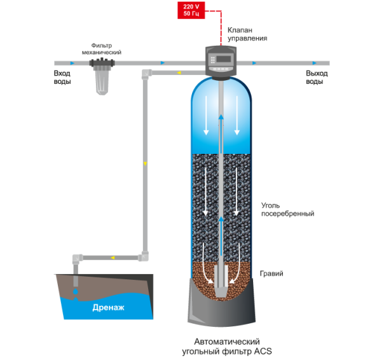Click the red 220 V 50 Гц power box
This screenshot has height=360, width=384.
pyautogui.click(x=191, y=10)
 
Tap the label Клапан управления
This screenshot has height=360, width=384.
pyautogui.click(x=247, y=34)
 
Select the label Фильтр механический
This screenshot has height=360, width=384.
pyautogui.click(x=101, y=49)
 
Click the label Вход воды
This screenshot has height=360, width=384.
pyautogui.click(x=62, y=78)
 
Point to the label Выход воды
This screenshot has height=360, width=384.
pyautogui.click(x=317, y=78)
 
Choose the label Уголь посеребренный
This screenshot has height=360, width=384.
pyautogui.click(x=287, y=209)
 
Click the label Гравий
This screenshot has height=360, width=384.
pyautogui.click(x=271, y=273)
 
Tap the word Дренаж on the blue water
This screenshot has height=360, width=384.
pyautogui.click(x=108, y=307)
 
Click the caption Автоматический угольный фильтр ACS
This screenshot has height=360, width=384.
pyautogui.click(x=227, y=346)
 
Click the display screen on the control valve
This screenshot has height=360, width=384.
pyautogui.click(x=224, y=59)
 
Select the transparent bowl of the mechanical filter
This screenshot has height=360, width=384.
pyautogui.click(x=102, y=81)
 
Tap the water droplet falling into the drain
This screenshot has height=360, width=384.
pyautogui.click(x=76, y=291)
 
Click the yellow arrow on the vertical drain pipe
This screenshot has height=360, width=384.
pyautogui.click(x=145, y=163)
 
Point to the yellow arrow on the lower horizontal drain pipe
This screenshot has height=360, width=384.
pyautogui.click(x=113, y=258)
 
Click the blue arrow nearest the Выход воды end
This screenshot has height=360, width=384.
pyautogui.click(x=315, y=63)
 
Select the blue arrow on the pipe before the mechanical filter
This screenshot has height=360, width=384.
pyautogui.click(x=72, y=63)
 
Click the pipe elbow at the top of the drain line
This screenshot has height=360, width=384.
pyautogui.click(x=146, y=74)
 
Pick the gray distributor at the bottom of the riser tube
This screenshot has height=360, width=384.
pyautogui.click(x=221, y=280)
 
